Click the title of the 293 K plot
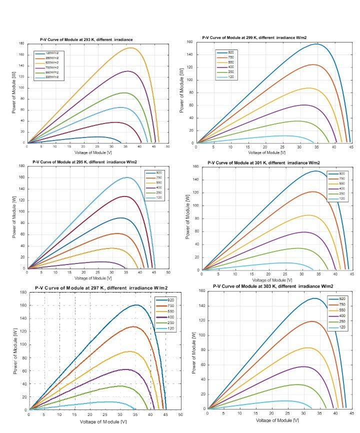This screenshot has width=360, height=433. click(86, 39)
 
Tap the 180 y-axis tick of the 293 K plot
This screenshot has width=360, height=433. click(21, 43)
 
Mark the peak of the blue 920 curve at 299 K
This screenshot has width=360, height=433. click(316, 44)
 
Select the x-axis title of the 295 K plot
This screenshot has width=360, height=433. click(97, 278)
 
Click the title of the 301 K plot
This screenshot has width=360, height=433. click(263, 162)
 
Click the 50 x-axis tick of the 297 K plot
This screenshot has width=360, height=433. click(180, 415)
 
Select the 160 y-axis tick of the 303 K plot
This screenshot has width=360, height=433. click(201, 290)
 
